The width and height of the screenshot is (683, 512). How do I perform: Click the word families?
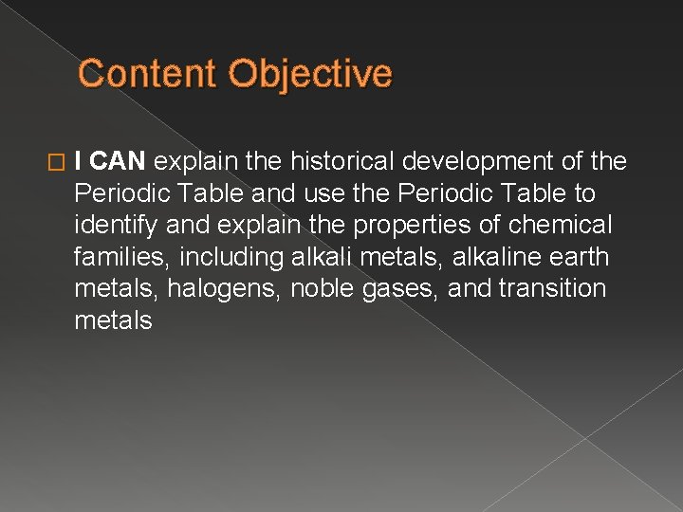click(118, 258)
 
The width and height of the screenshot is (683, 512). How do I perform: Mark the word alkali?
click(318, 258)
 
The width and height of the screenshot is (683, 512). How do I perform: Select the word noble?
click(325, 289)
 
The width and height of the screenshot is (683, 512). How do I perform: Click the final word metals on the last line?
click(113, 321)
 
